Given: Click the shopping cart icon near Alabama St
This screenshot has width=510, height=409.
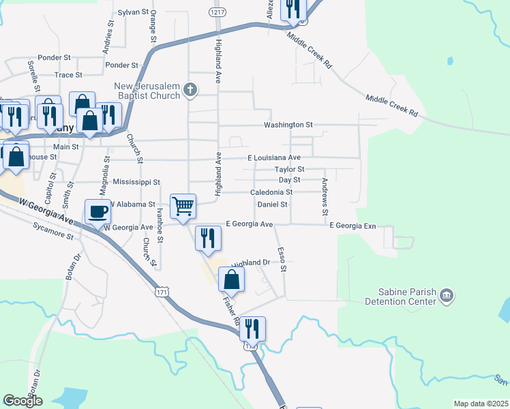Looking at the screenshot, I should (183, 205).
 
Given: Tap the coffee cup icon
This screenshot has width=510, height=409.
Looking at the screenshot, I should (97, 211).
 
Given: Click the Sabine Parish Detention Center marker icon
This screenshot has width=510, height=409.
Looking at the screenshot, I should (447, 295).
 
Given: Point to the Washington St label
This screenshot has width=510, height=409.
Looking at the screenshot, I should (288, 125).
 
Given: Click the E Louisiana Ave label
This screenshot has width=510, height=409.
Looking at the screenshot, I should (273, 157).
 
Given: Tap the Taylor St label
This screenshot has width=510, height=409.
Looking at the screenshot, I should (289, 168).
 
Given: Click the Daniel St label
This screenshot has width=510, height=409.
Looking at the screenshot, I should (273, 204).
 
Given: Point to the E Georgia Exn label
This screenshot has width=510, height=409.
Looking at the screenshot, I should (352, 225).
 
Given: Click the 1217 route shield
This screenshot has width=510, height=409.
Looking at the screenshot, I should (217, 12).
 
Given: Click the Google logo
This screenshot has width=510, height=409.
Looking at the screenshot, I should (22, 401).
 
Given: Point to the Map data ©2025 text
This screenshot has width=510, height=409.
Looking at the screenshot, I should (481, 404).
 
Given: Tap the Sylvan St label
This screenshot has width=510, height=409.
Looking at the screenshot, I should (133, 12).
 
